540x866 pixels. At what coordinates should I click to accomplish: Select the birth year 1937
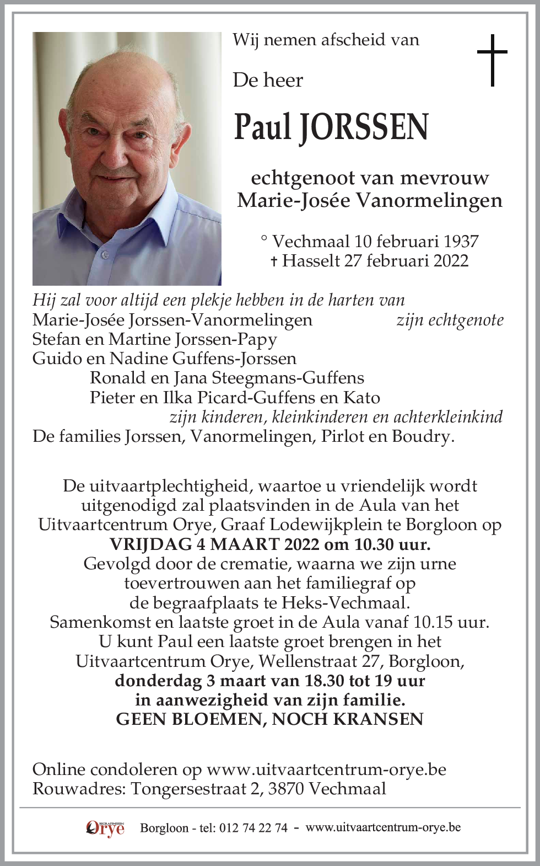pyautogui.click(x=458, y=241)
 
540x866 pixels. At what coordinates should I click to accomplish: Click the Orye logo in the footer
pyautogui.click(x=105, y=828)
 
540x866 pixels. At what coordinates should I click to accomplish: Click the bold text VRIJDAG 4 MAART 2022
pyautogui.click(x=214, y=544)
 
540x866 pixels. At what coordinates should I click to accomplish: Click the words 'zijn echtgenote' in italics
pyautogui.click(x=450, y=320)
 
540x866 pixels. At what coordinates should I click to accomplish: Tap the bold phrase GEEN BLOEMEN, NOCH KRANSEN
pyautogui.click(x=269, y=719)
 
